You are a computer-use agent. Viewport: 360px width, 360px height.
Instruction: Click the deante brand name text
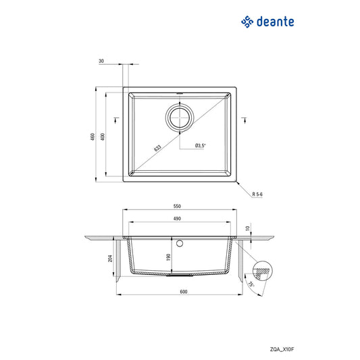coord(276,22)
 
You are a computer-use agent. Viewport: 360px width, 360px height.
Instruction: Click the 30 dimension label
coord(101,61)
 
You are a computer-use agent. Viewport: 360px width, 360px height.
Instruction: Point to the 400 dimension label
coord(102,136)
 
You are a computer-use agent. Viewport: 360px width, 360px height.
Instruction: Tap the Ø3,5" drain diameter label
coord(200,146)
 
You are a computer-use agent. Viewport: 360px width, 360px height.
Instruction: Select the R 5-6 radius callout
coord(257,194)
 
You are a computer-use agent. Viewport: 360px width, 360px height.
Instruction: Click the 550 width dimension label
coord(177,206)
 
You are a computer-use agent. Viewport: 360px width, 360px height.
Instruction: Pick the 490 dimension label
coord(177,218)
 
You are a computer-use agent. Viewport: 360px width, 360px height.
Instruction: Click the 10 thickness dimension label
coord(248,229)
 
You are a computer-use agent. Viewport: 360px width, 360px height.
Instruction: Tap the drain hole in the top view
coord(180,118)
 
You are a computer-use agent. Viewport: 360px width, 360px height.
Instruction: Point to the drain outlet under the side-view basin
coord(180,275)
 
